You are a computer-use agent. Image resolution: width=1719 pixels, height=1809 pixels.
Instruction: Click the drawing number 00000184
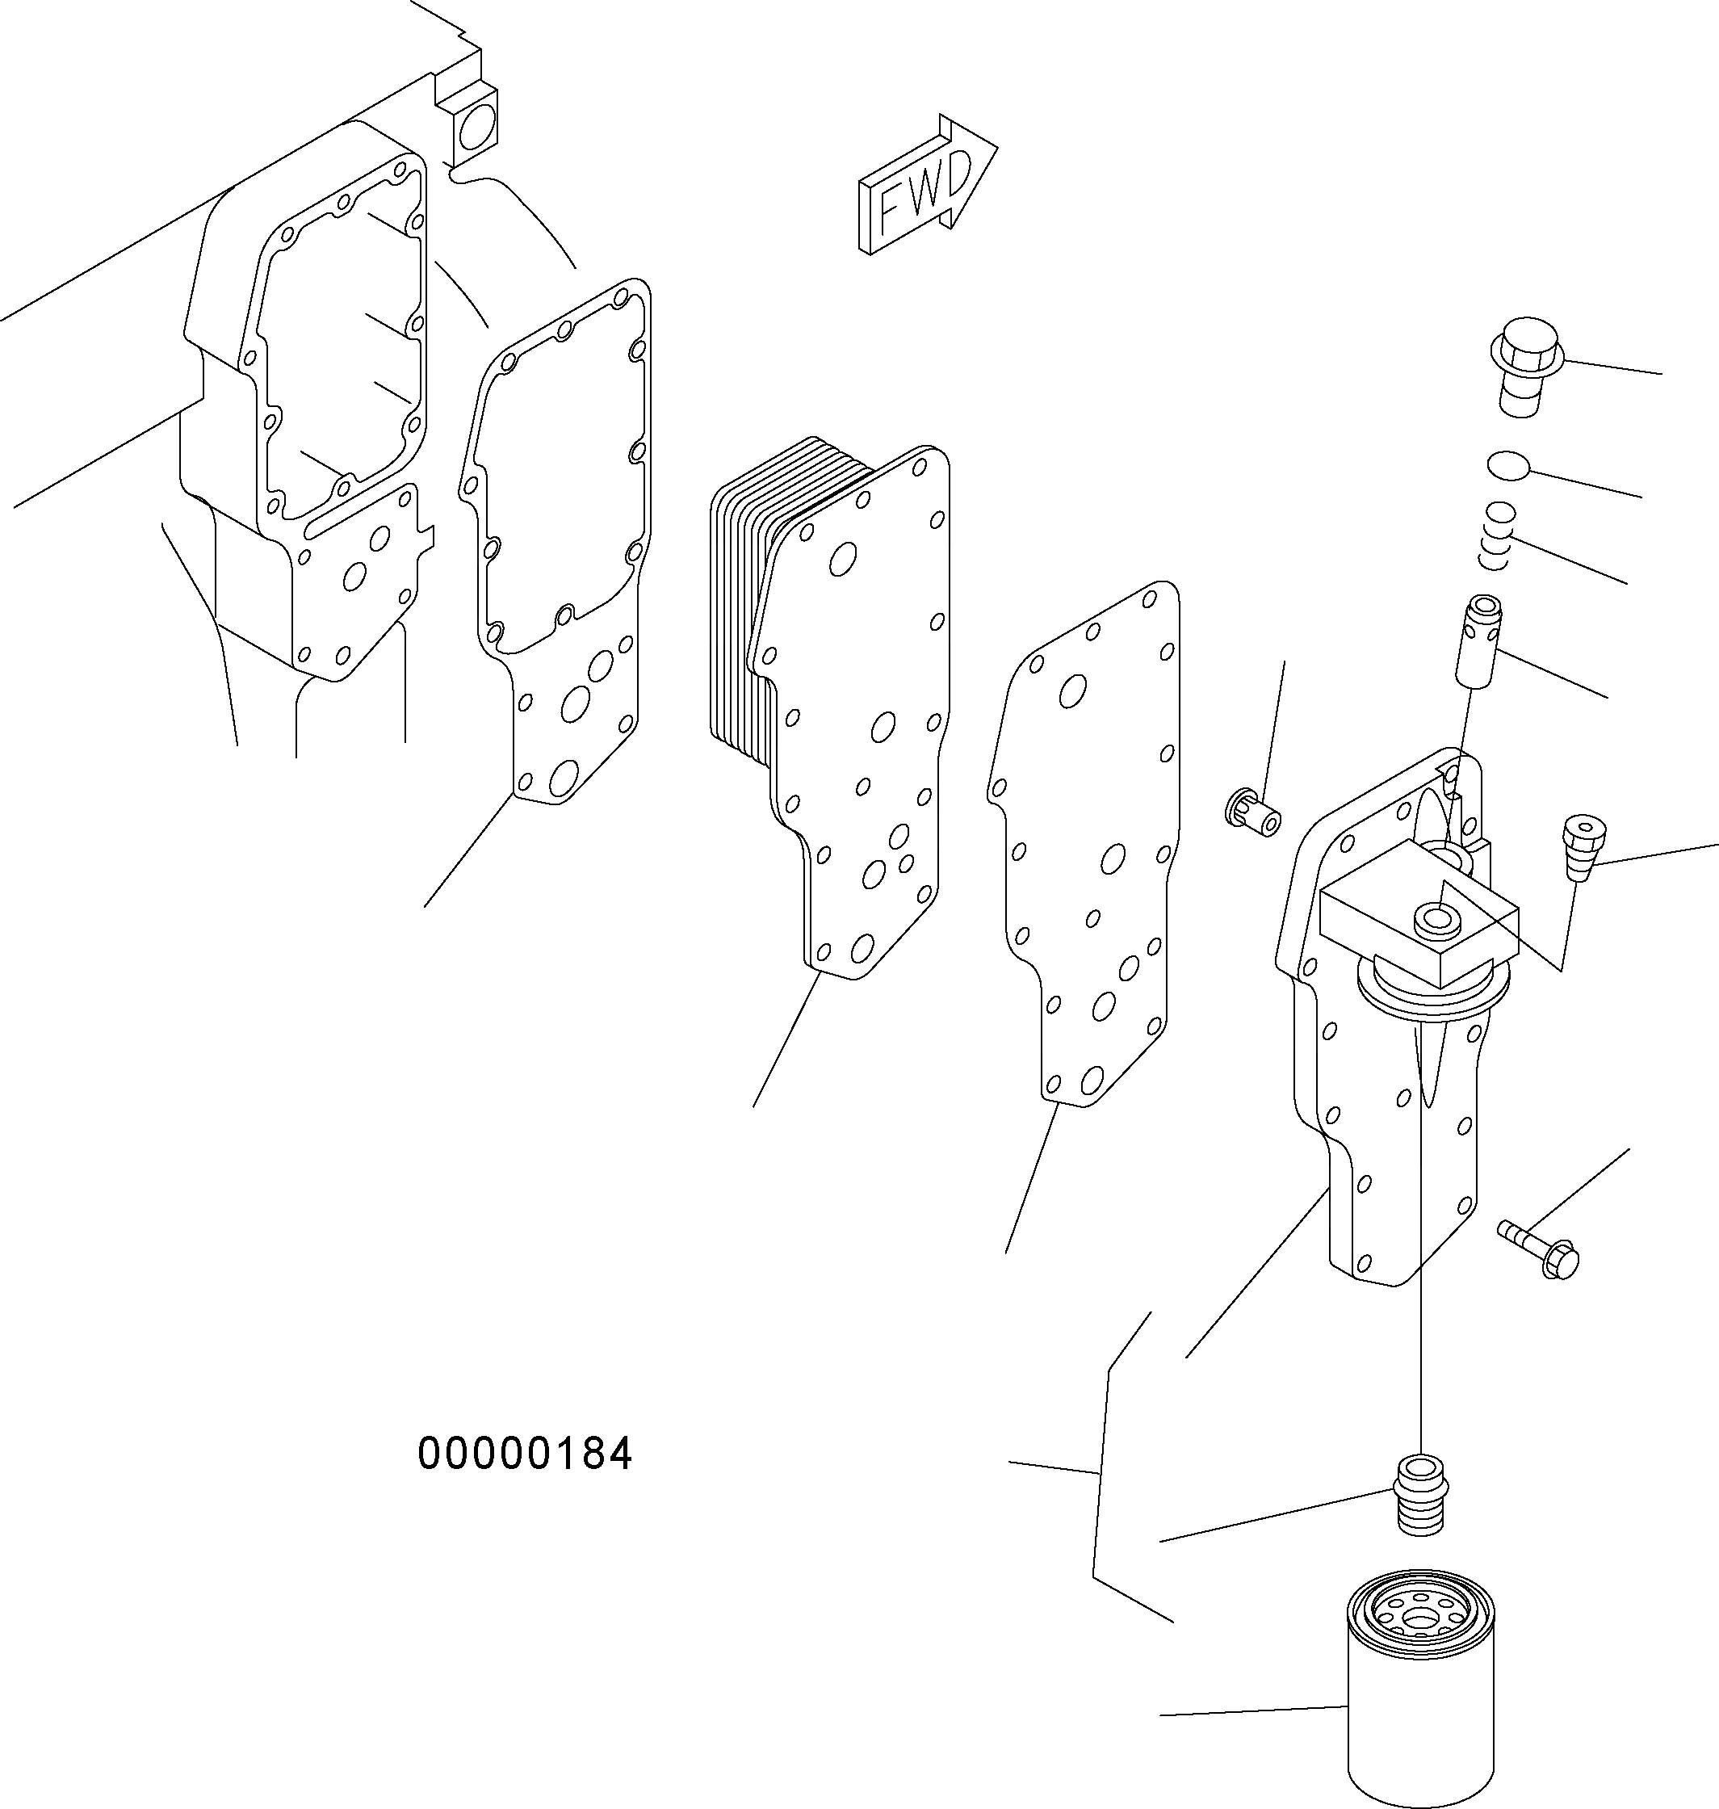(524, 1454)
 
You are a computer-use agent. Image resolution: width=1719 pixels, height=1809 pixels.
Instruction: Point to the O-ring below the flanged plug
(1508, 465)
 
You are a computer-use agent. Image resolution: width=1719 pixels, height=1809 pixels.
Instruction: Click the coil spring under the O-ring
(1497, 535)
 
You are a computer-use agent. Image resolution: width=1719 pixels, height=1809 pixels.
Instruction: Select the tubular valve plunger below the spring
(1480, 639)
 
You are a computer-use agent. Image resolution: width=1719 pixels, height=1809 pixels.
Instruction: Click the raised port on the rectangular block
(1436, 919)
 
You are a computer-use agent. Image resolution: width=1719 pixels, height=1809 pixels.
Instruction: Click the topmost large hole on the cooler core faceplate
(842, 559)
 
